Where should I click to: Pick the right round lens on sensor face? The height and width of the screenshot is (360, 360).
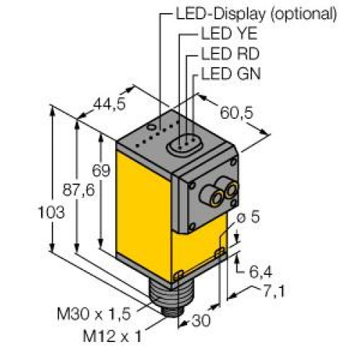tap(231, 189)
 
